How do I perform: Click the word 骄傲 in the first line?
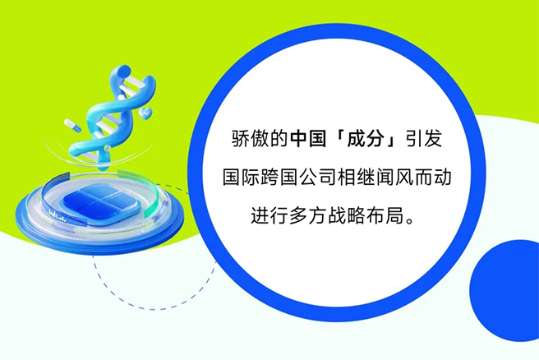pyautogui.click(x=251, y=139)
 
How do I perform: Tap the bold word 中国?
pyautogui.click(x=308, y=139)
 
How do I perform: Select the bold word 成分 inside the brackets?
pyautogui.click(x=366, y=139)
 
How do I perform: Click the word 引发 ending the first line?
pyautogui.click(x=424, y=139)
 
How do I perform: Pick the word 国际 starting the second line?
pyautogui.click(x=241, y=177)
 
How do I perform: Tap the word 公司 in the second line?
pyautogui.click(x=318, y=177)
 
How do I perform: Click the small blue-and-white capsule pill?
pyautogui.click(x=72, y=125)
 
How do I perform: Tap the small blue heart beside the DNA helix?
pyautogui.click(x=146, y=113)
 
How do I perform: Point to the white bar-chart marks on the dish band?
pyautogui.click(x=57, y=215)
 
